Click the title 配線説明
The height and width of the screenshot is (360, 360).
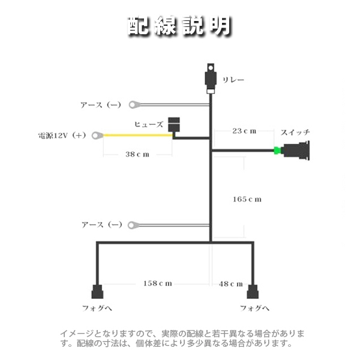coord(180,25)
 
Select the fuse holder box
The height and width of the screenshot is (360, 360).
coord(175,124)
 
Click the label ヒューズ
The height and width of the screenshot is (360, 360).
coord(148,124)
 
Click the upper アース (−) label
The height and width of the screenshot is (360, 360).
coord(100,105)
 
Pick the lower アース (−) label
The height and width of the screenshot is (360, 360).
coord(101,225)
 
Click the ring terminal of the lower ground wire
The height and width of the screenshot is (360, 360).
coord(133,225)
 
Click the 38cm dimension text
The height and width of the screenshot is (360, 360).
coord(137,154)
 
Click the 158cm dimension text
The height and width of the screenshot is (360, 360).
coord(157,283)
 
